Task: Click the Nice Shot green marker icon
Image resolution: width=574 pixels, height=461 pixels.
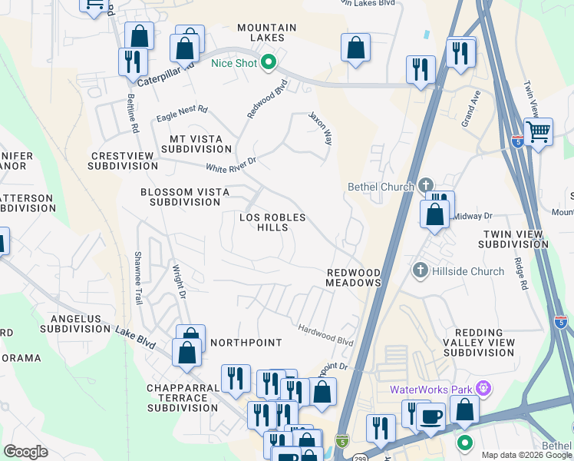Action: (268, 62)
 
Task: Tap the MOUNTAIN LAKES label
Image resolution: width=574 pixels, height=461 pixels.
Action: (266, 32)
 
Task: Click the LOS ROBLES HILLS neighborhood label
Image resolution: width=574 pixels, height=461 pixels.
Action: (272, 223)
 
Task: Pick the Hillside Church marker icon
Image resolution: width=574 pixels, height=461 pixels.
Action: (419, 270)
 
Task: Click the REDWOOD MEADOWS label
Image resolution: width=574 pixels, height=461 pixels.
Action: (354, 278)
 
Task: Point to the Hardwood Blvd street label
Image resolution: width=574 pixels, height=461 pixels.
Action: (325, 334)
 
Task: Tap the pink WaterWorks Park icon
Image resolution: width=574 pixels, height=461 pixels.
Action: (483, 389)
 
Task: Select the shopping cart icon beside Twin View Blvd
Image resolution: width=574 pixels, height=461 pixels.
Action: (539, 131)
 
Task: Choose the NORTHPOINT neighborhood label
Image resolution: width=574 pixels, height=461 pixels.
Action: (246, 342)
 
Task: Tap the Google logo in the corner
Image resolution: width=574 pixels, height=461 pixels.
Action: (26, 452)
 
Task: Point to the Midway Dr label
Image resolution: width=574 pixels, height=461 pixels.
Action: (472, 217)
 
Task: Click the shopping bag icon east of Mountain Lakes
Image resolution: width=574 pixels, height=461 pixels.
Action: (355, 48)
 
